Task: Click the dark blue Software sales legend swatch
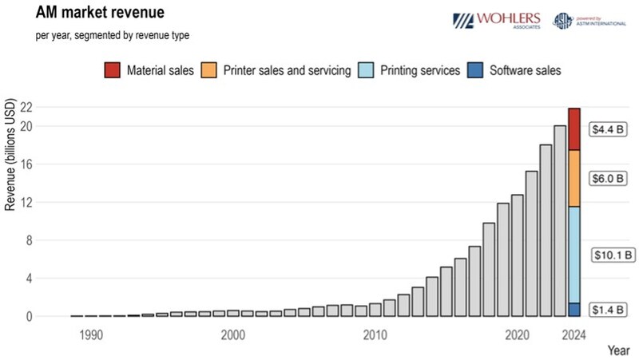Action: click(474, 70)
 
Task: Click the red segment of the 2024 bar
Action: click(574, 129)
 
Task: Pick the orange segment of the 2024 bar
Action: click(574, 178)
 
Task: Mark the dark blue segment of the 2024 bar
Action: click(574, 310)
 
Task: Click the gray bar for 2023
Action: click(560, 220)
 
